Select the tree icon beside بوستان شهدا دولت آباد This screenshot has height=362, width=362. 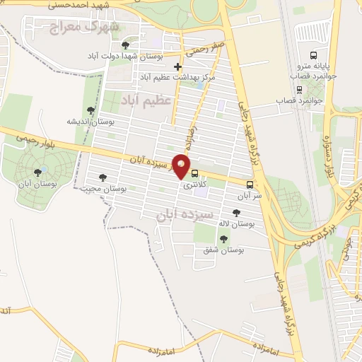click(x=126, y=45)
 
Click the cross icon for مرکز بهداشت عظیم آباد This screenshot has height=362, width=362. click(x=177, y=66)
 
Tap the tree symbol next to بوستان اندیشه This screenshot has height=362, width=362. click(x=90, y=110)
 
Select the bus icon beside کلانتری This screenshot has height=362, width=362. click(x=194, y=174)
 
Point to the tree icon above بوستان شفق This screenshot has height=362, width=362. click(x=223, y=239)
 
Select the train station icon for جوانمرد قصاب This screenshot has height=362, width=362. click(x=300, y=90)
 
